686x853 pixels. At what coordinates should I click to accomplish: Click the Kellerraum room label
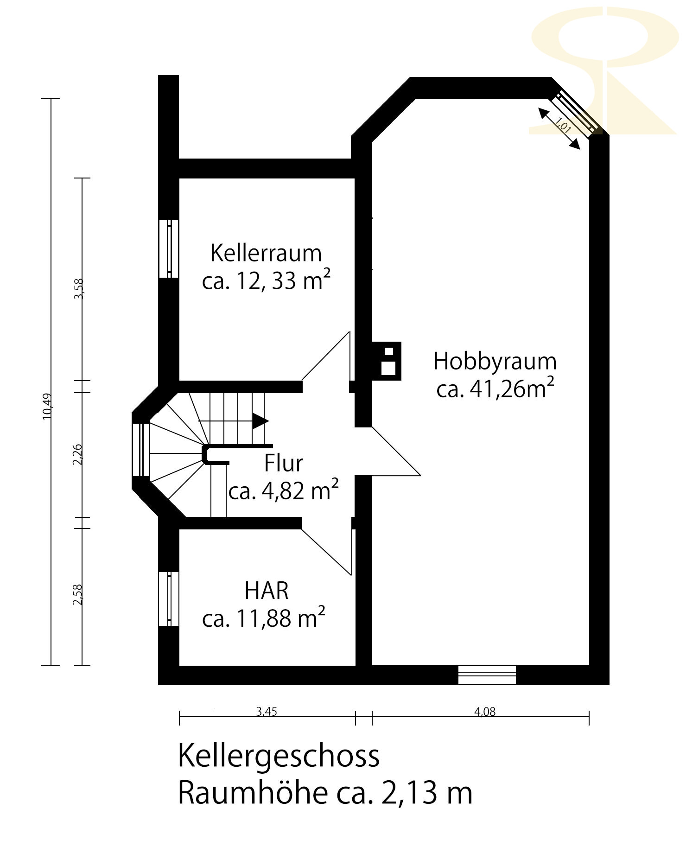(266, 254)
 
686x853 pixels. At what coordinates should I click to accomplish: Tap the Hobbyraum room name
(495, 362)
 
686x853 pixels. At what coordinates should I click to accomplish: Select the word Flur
(283, 463)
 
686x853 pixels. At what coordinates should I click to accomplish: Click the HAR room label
(267, 591)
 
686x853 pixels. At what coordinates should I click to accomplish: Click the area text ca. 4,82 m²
(283, 490)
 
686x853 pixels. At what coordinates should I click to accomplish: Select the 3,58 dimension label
(79, 288)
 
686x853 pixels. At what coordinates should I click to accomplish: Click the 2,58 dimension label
(77, 594)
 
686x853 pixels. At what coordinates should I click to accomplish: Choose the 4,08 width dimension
(485, 712)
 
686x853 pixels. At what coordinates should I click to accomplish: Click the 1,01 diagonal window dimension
(563, 125)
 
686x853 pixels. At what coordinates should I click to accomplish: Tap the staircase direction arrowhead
(260, 421)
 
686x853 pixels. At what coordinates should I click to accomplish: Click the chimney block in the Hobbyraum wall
(386, 361)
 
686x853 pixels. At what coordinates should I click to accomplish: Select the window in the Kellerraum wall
(169, 248)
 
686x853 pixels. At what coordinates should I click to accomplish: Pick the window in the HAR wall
(169, 598)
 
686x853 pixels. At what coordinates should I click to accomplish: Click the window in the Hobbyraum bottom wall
(487, 675)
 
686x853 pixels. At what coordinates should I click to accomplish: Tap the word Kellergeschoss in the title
(279, 757)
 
